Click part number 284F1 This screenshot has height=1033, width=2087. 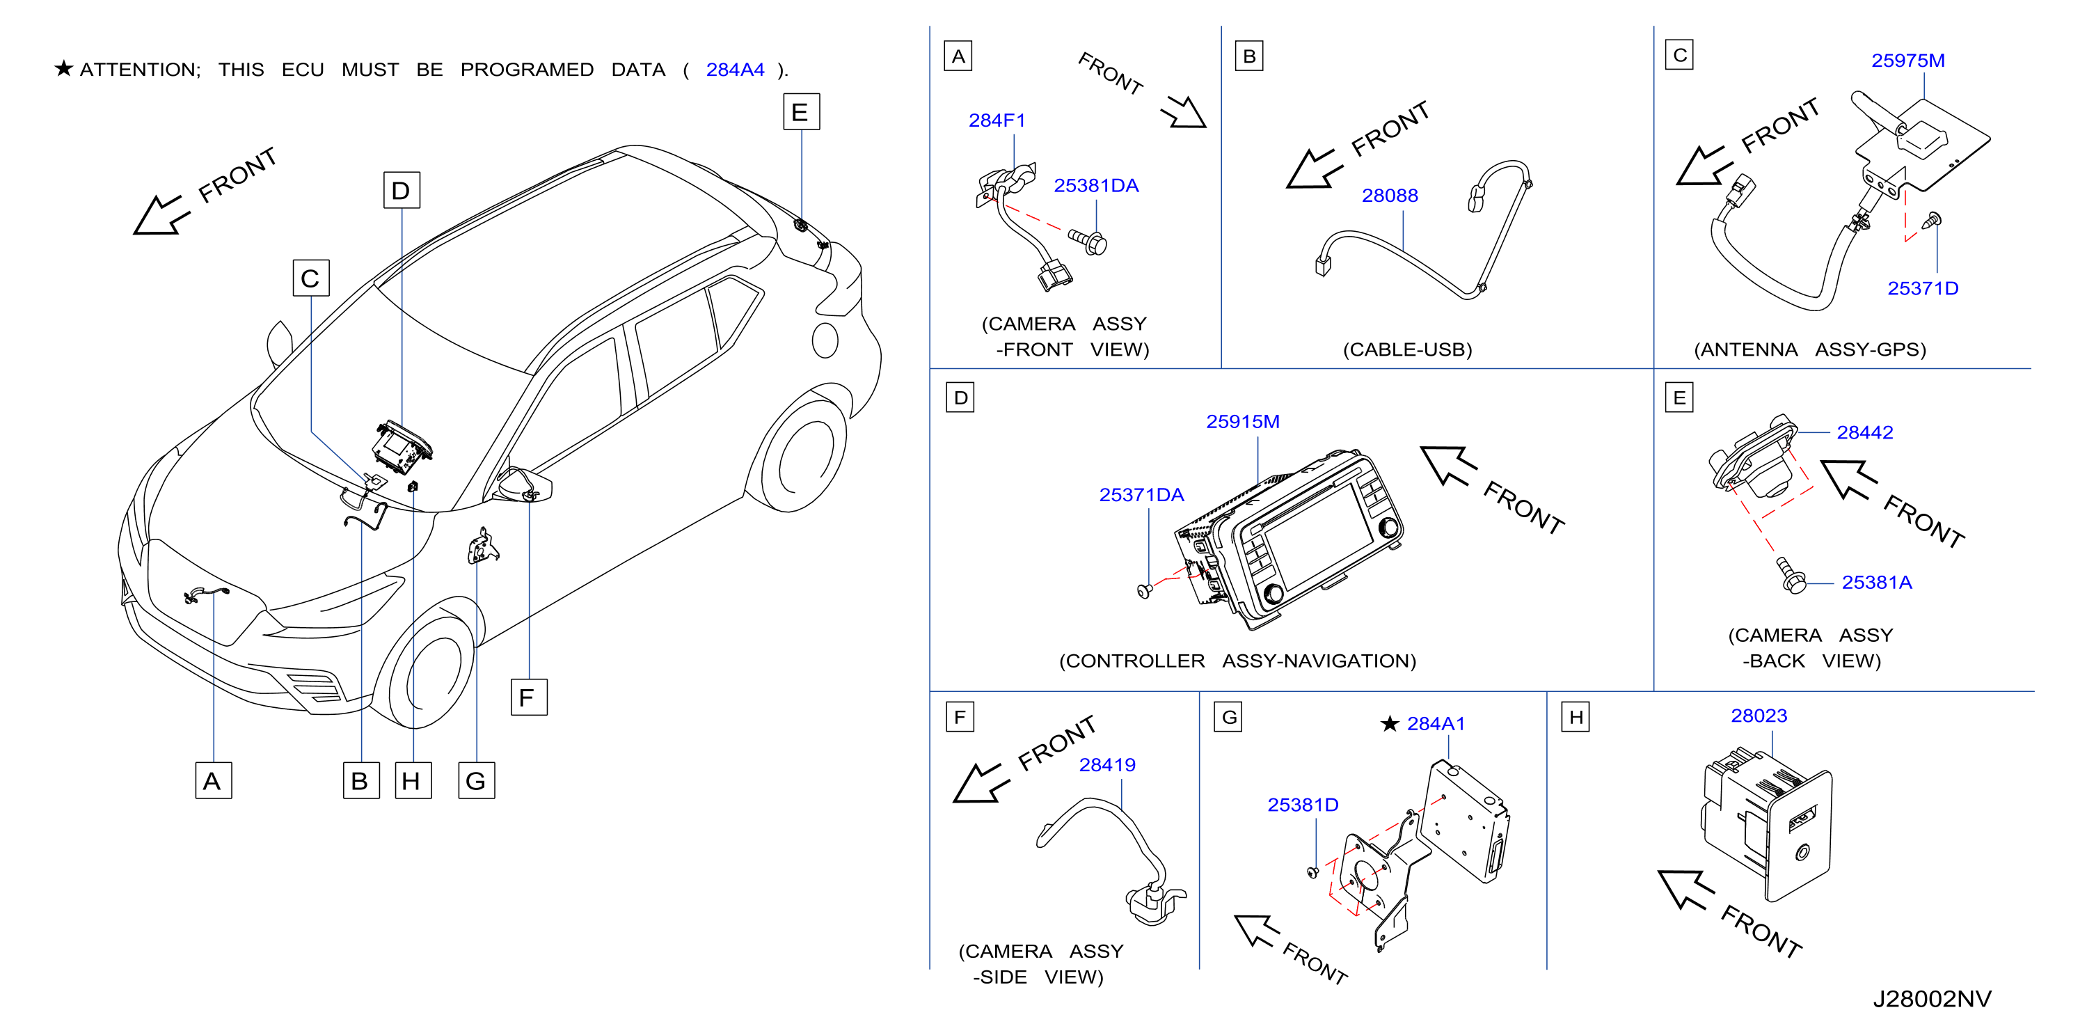pyautogui.click(x=997, y=120)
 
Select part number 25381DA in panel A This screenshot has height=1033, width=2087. pyautogui.click(x=1095, y=186)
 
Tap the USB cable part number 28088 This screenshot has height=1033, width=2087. pyautogui.click(x=1390, y=196)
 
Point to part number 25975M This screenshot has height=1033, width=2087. pyautogui.click(x=1907, y=61)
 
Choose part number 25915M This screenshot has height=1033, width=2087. pyautogui.click(x=1243, y=422)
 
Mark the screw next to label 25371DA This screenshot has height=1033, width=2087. pyautogui.click(x=1144, y=590)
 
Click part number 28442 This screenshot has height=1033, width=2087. pyautogui.click(x=1864, y=433)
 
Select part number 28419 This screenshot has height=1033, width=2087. pyautogui.click(x=1106, y=765)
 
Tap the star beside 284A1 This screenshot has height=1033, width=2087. pyautogui.click(x=1390, y=723)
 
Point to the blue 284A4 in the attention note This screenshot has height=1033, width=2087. pyautogui.click(x=735, y=70)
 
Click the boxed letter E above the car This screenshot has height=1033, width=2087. pyautogui.click(x=800, y=112)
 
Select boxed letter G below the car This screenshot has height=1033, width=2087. pyautogui.click(x=477, y=781)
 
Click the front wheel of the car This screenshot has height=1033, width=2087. pyautogui.click(x=429, y=664)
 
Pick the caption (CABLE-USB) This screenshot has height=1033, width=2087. pyautogui.click(x=1407, y=350)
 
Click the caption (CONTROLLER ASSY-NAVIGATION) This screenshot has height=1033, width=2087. pyautogui.click(x=1237, y=661)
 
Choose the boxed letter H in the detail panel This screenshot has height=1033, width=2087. pyautogui.click(x=1576, y=717)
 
